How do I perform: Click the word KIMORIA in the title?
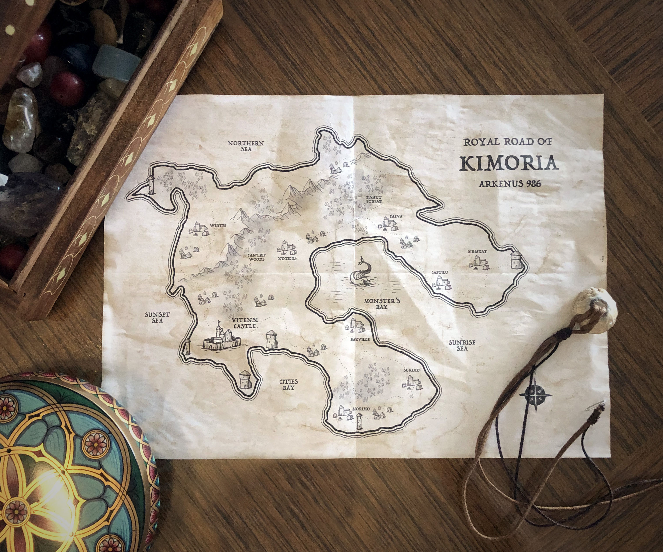point(508,163)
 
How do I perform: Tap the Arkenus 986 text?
point(510,184)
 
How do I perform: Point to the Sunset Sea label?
point(157,317)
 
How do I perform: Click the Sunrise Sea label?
point(462,345)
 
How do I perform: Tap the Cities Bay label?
point(288,384)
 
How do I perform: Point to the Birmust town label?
point(477,252)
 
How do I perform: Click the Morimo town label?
point(361,409)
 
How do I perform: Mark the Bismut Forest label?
point(374,199)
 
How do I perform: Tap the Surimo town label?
point(411,370)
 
